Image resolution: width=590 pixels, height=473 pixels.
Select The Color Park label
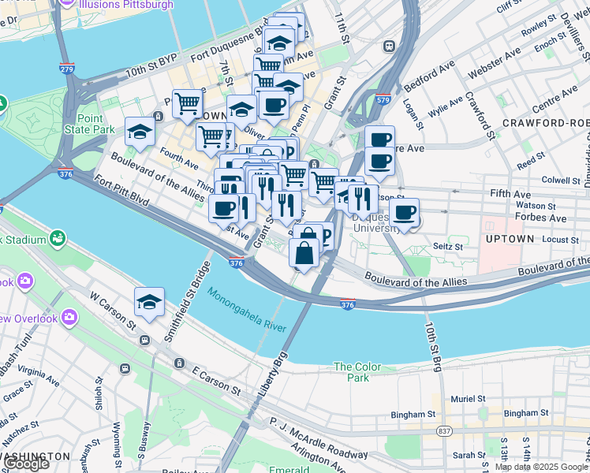[x=357, y=372]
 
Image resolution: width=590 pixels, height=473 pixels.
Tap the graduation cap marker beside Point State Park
[x=140, y=132]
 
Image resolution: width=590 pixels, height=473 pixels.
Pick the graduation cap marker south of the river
[x=149, y=302]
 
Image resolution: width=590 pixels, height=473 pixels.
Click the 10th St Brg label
[x=432, y=344]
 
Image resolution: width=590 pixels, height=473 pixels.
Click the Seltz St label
[x=447, y=247]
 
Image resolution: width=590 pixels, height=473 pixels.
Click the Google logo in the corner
[x=28, y=464]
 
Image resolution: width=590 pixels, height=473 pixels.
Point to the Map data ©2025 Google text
[x=541, y=467]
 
